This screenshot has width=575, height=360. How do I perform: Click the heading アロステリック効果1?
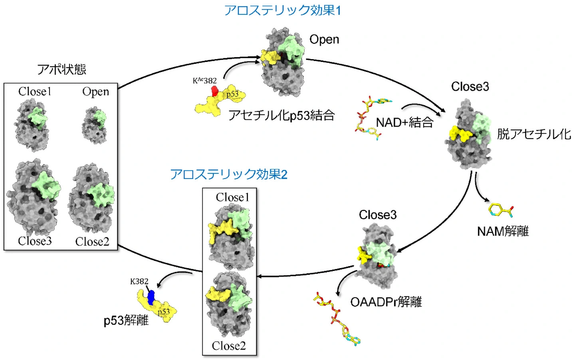coord(282,10)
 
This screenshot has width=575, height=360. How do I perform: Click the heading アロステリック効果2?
coord(228,174)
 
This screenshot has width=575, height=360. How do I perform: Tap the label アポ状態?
coord(61,69)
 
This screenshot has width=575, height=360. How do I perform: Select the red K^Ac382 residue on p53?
coord(215,91)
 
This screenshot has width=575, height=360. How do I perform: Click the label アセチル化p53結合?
coord(282,115)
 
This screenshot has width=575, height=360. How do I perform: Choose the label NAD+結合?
coord(404,122)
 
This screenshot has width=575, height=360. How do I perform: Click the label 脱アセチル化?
coord(533,134)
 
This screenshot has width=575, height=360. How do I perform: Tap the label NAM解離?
coord(503,231)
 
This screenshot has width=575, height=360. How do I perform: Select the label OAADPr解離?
coord(386,302)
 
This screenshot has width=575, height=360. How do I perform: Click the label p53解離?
coord(126,320)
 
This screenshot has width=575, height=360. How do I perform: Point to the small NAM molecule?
coord(500,210)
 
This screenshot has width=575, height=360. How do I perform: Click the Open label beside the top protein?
coord(324,39)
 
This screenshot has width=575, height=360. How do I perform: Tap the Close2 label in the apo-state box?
coord(92,241)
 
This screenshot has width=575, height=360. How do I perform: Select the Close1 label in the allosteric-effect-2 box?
coord(232,197)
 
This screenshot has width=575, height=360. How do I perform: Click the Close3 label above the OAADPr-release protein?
coord(378,215)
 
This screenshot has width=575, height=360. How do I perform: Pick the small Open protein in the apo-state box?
coord(95,125)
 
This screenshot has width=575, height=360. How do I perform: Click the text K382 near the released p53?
coord(139,282)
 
